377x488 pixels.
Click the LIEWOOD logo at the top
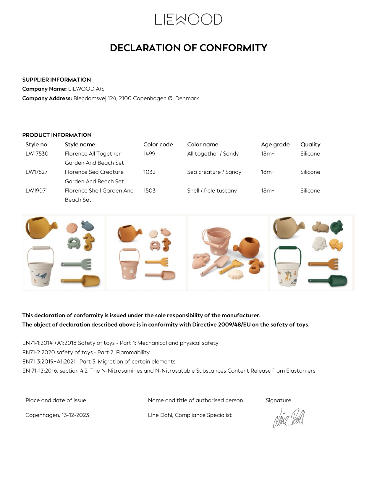(x=188, y=19)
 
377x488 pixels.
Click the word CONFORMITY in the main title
(x=233, y=48)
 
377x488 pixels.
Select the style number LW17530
(x=37, y=154)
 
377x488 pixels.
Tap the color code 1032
(x=149, y=172)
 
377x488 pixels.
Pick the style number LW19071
(x=37, y=191)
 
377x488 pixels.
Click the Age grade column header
(x=275, y=145)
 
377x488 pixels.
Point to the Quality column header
(x=310, y=145)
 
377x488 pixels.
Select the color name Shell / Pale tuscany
(x=212, y=191)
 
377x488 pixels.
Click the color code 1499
(x=149, y=154)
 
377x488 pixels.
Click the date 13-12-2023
(x=75, y=415)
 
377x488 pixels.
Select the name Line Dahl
(x=160, y=415)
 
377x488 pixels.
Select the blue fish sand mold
(x=87, y=226)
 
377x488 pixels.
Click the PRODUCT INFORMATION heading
(x=57, y=135)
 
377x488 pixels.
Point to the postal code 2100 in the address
(x=125, y=98)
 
